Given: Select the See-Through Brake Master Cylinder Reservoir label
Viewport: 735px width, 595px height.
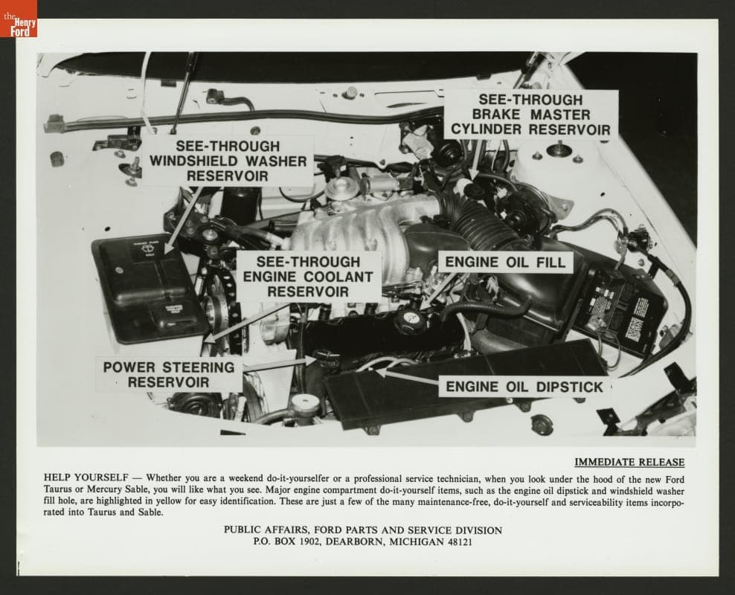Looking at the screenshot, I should tap(530, 115).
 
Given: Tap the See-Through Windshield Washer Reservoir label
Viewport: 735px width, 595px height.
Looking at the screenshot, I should tap(228, 161).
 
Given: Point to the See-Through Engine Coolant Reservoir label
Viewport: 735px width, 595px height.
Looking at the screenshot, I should tap(308, 276).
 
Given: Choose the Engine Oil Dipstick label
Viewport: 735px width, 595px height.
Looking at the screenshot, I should tap(524, 387).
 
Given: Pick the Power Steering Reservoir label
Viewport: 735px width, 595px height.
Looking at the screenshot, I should tap(168, 374).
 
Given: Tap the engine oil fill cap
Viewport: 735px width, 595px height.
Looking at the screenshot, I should tap(409, 321).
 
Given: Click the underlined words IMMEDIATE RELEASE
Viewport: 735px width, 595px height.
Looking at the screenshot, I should tap(629, 462).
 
